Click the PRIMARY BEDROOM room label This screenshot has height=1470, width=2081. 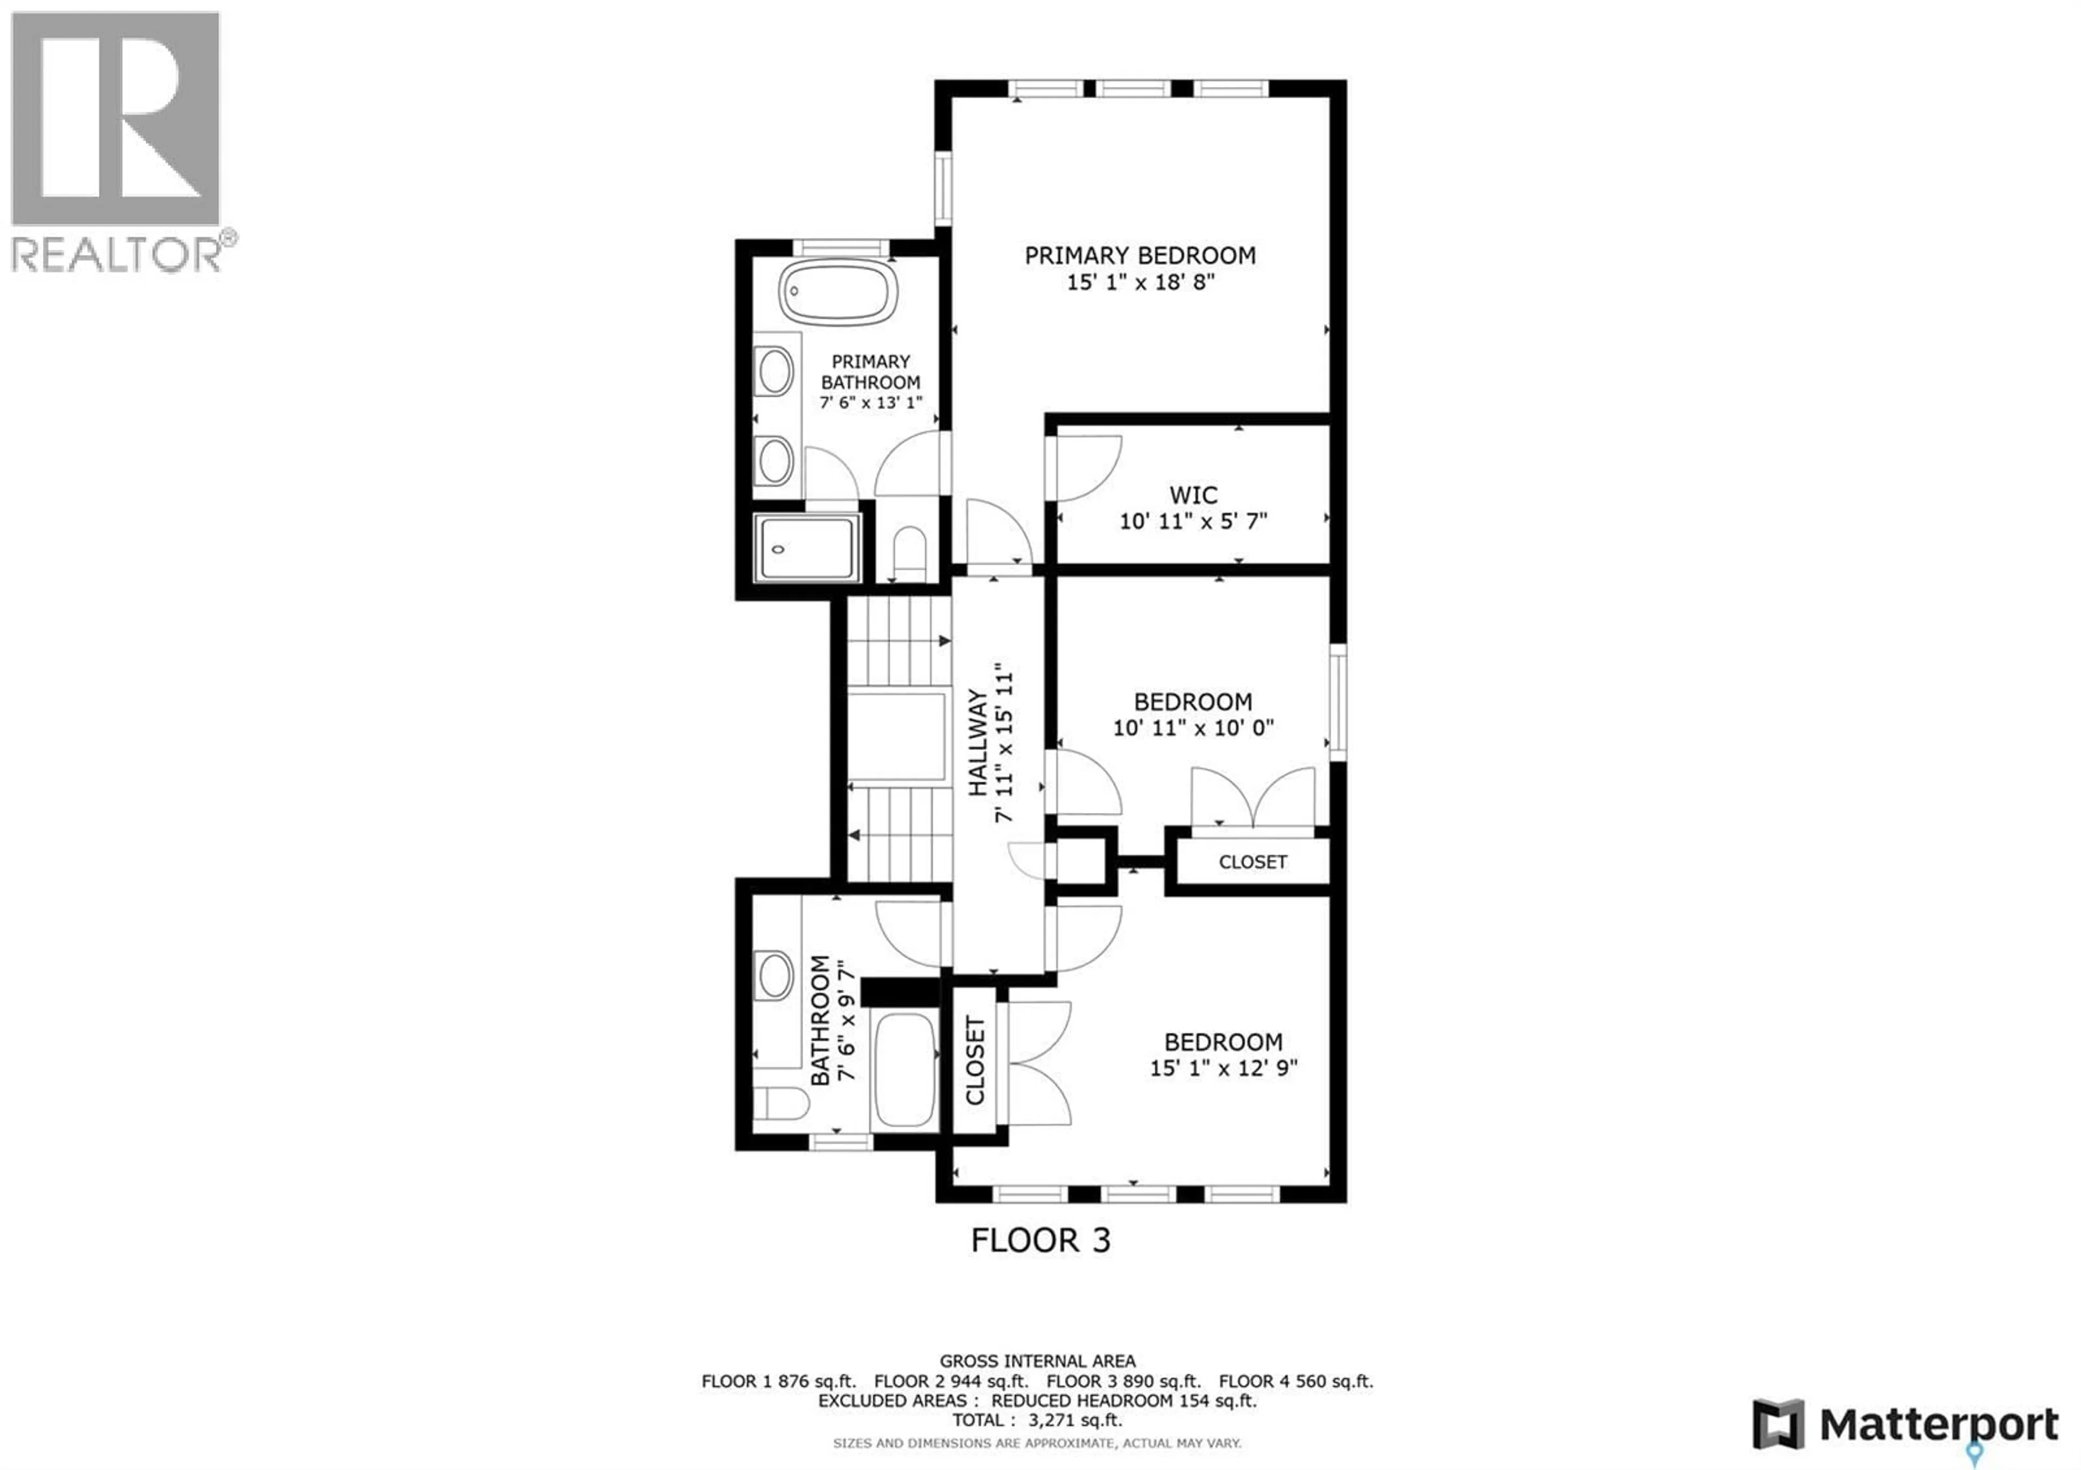click(x=1140, y=256)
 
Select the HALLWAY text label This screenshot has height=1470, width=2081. click(x=978, y=743)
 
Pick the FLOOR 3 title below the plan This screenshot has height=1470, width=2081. click(x=1040, y=1240)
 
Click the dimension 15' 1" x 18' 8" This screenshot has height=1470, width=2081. click(x=1140, y=282)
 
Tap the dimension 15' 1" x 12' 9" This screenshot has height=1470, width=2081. click(x=1224, y=1068)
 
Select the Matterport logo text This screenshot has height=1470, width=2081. click(x=1940, y=1426)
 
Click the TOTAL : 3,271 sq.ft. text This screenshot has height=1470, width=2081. click(x=1037, y=1420)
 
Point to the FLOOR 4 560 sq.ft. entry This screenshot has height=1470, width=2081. click(x=1296, y=1381)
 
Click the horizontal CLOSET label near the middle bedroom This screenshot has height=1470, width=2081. click(x=1252, y=862)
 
